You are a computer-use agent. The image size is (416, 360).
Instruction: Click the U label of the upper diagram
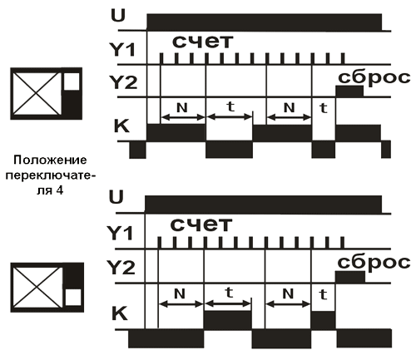point(118,16)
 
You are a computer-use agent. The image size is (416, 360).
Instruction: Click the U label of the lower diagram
point(116,197)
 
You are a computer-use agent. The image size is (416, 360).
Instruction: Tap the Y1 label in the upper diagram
point(122,50)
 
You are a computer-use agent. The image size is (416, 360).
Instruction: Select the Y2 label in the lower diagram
point(121,268)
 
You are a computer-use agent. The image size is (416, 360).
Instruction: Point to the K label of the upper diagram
point(121,126)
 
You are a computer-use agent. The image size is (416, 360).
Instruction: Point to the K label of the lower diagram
point(120,313)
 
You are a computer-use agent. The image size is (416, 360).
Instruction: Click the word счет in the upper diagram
point(202,42)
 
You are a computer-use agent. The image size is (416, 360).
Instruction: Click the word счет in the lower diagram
point(201,224)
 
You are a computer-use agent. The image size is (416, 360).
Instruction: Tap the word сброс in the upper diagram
point(374,76)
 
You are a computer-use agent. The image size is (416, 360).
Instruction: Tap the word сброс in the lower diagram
point(374,262)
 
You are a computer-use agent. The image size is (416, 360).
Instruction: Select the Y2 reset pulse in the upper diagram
point(349,91)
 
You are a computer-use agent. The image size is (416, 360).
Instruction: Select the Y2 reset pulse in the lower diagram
point(350,277)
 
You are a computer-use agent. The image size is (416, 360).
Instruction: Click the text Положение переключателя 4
point(48,175)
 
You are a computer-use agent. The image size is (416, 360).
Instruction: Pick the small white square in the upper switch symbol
point(72,81)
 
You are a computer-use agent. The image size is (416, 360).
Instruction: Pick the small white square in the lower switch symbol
point(73,298)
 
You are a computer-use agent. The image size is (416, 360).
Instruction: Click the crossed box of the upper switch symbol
point(37,93)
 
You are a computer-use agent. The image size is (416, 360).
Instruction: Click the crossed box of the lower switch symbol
point(37,287)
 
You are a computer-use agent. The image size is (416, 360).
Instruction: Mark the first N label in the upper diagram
point(182,107)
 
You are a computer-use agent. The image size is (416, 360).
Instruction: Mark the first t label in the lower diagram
point(229,293)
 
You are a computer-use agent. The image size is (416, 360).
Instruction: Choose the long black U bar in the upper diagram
point(265,22)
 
